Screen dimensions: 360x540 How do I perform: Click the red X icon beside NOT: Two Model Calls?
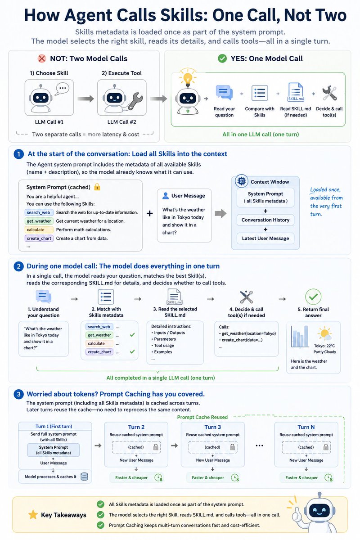pyautogui.click(x=42, y=58)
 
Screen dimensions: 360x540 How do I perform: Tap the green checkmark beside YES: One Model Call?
pyautogui.click(x=222, y=58)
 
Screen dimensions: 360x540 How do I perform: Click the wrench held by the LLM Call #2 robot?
pyautogui.click(x=135, y=101)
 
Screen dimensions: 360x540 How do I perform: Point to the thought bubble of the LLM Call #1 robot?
pyautogui.click(x=62, y=89)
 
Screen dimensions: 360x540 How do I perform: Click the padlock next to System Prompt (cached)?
pyautogui.click(x=97, y=187)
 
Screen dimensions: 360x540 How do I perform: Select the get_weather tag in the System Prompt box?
pyautogui.click(x=39, y=221)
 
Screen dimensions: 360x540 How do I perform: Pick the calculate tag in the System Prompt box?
pyautogui.click(x=39, y=230)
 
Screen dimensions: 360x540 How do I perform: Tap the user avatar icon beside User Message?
pyautogui.click(x=166, y=196)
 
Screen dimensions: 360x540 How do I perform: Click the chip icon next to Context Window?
pyautogui.click(x=241, y=181)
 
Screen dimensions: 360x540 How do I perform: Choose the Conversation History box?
pyautogui.click(x=265, y=220)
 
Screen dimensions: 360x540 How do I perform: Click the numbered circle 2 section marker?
pyautogui.click(x=18, y=266)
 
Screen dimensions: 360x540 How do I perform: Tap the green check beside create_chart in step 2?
pyautogui.click(x=132, y=352)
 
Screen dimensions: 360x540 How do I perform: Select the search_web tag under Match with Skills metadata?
pyautogui.click(x=99, y=327)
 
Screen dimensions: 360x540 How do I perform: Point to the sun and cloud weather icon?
pyautogui.click(x=324, y=333)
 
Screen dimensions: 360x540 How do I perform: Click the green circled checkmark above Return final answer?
pyautogui.click(x=313, y=297)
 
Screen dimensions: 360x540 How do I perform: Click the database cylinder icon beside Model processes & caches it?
pyautogui.click(x=84, y=477)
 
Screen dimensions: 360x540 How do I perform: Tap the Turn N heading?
pyautogui.click(x=306, y=427)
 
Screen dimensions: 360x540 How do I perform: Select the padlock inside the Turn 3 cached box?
pyautogui.click(x=233, y=447)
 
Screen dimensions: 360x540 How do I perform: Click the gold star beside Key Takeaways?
pyautogui.click(x=33, y=515)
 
